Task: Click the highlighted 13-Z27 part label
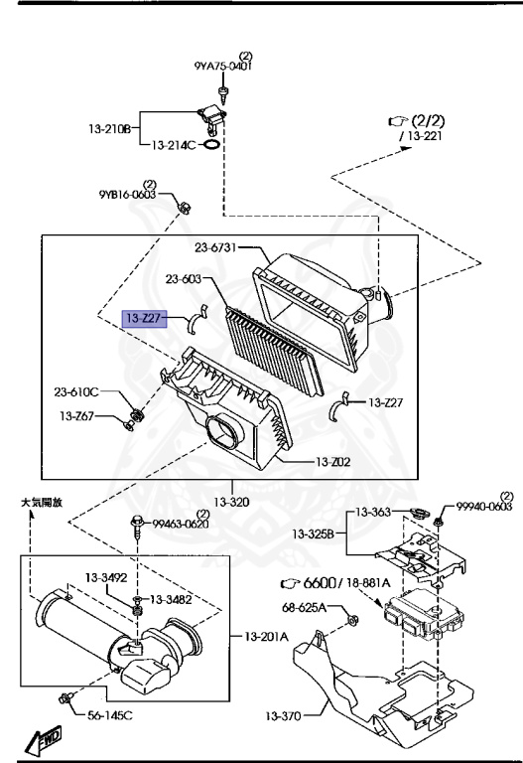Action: pos(142,318)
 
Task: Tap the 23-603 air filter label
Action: pos(186,280)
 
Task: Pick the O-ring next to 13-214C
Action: pos(209,145)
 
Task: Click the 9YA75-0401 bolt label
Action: pos(222,67)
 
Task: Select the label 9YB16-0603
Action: pos(126,196)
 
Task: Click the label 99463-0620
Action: pos(182,524)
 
